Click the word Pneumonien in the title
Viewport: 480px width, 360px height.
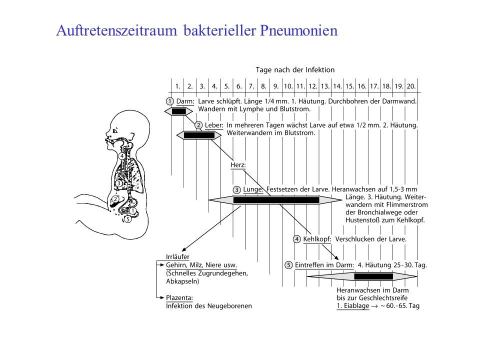coord(299,30)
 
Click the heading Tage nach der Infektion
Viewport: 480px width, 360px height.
coord(295,70)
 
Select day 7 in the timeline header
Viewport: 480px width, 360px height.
coord(251,86)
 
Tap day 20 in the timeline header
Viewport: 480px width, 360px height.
coord(411,86)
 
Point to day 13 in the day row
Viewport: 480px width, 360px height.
coord(325,86)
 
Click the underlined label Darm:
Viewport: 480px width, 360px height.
coord(185,101)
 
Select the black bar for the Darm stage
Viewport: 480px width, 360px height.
coord(179,111)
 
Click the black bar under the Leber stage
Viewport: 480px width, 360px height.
coord(199,135)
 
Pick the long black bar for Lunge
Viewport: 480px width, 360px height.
coord(276,200)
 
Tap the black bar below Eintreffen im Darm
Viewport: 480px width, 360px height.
coord(373,276)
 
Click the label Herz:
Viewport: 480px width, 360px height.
coord(238,165)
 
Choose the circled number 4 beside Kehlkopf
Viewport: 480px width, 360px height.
coord(296,239)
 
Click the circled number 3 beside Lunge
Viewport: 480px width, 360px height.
coord(236,190)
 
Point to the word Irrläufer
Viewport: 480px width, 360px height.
coord(177,257)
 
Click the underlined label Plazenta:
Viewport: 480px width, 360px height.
coord(179,297)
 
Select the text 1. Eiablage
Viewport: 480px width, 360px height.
coord(353,306)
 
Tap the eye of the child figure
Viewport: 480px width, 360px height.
coord(115,131)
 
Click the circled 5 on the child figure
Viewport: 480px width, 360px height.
coord(127,219)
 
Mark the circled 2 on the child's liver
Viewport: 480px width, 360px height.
coord(115,199)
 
